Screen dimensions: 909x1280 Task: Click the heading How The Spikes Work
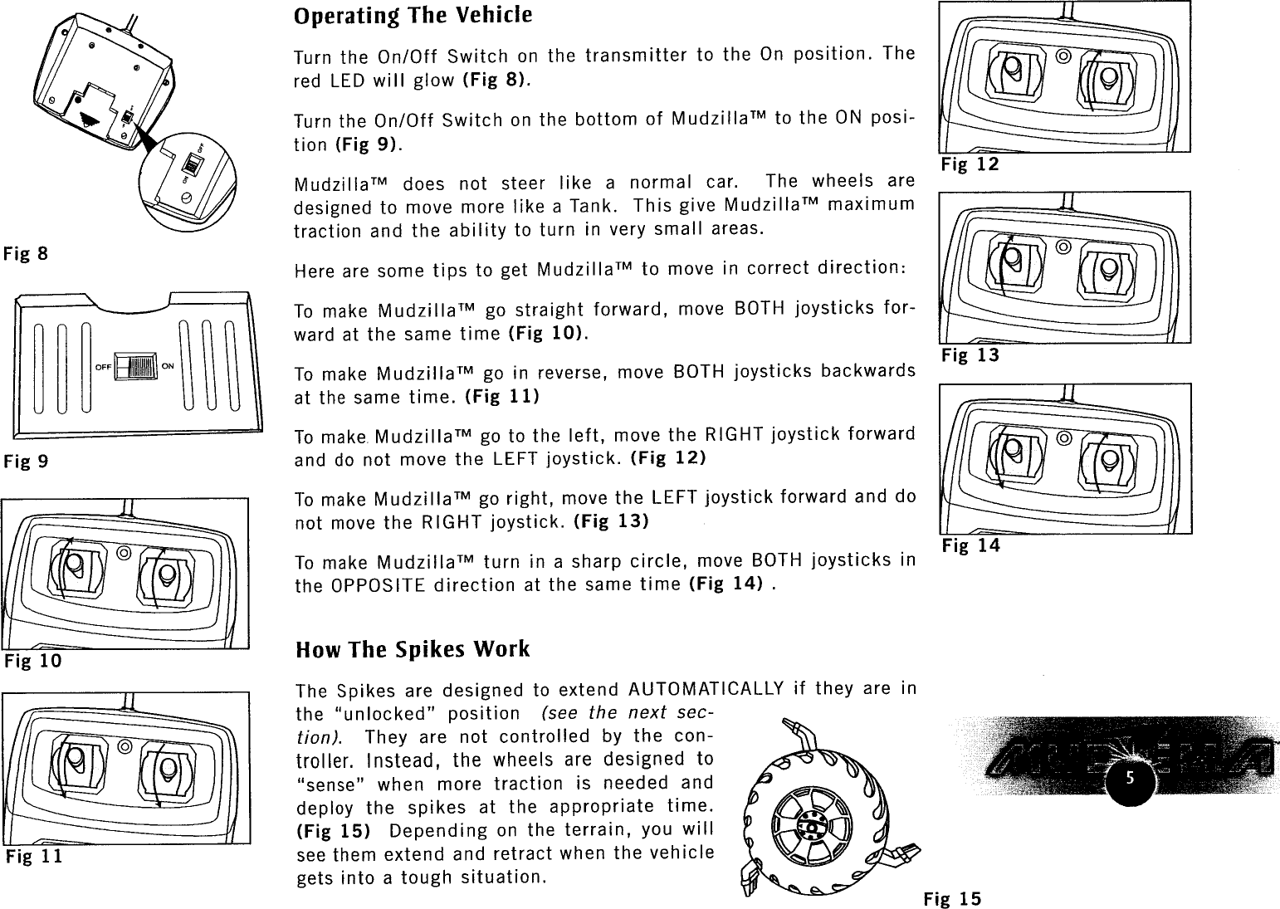[413, 648]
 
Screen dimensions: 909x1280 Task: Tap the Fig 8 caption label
[25, 253]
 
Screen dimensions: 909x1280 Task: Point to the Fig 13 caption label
[970, 355]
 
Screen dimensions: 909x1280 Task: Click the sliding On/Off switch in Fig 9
[134, 367]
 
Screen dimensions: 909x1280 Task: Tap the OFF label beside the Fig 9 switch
[103, 366]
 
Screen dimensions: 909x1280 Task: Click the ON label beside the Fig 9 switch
[168, 366]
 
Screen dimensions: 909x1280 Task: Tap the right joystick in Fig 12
[1107, 77]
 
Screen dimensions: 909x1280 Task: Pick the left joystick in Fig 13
[1012, 265]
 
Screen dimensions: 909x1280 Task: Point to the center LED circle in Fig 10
[124, 553]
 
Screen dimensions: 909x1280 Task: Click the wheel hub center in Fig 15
[808, 827]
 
